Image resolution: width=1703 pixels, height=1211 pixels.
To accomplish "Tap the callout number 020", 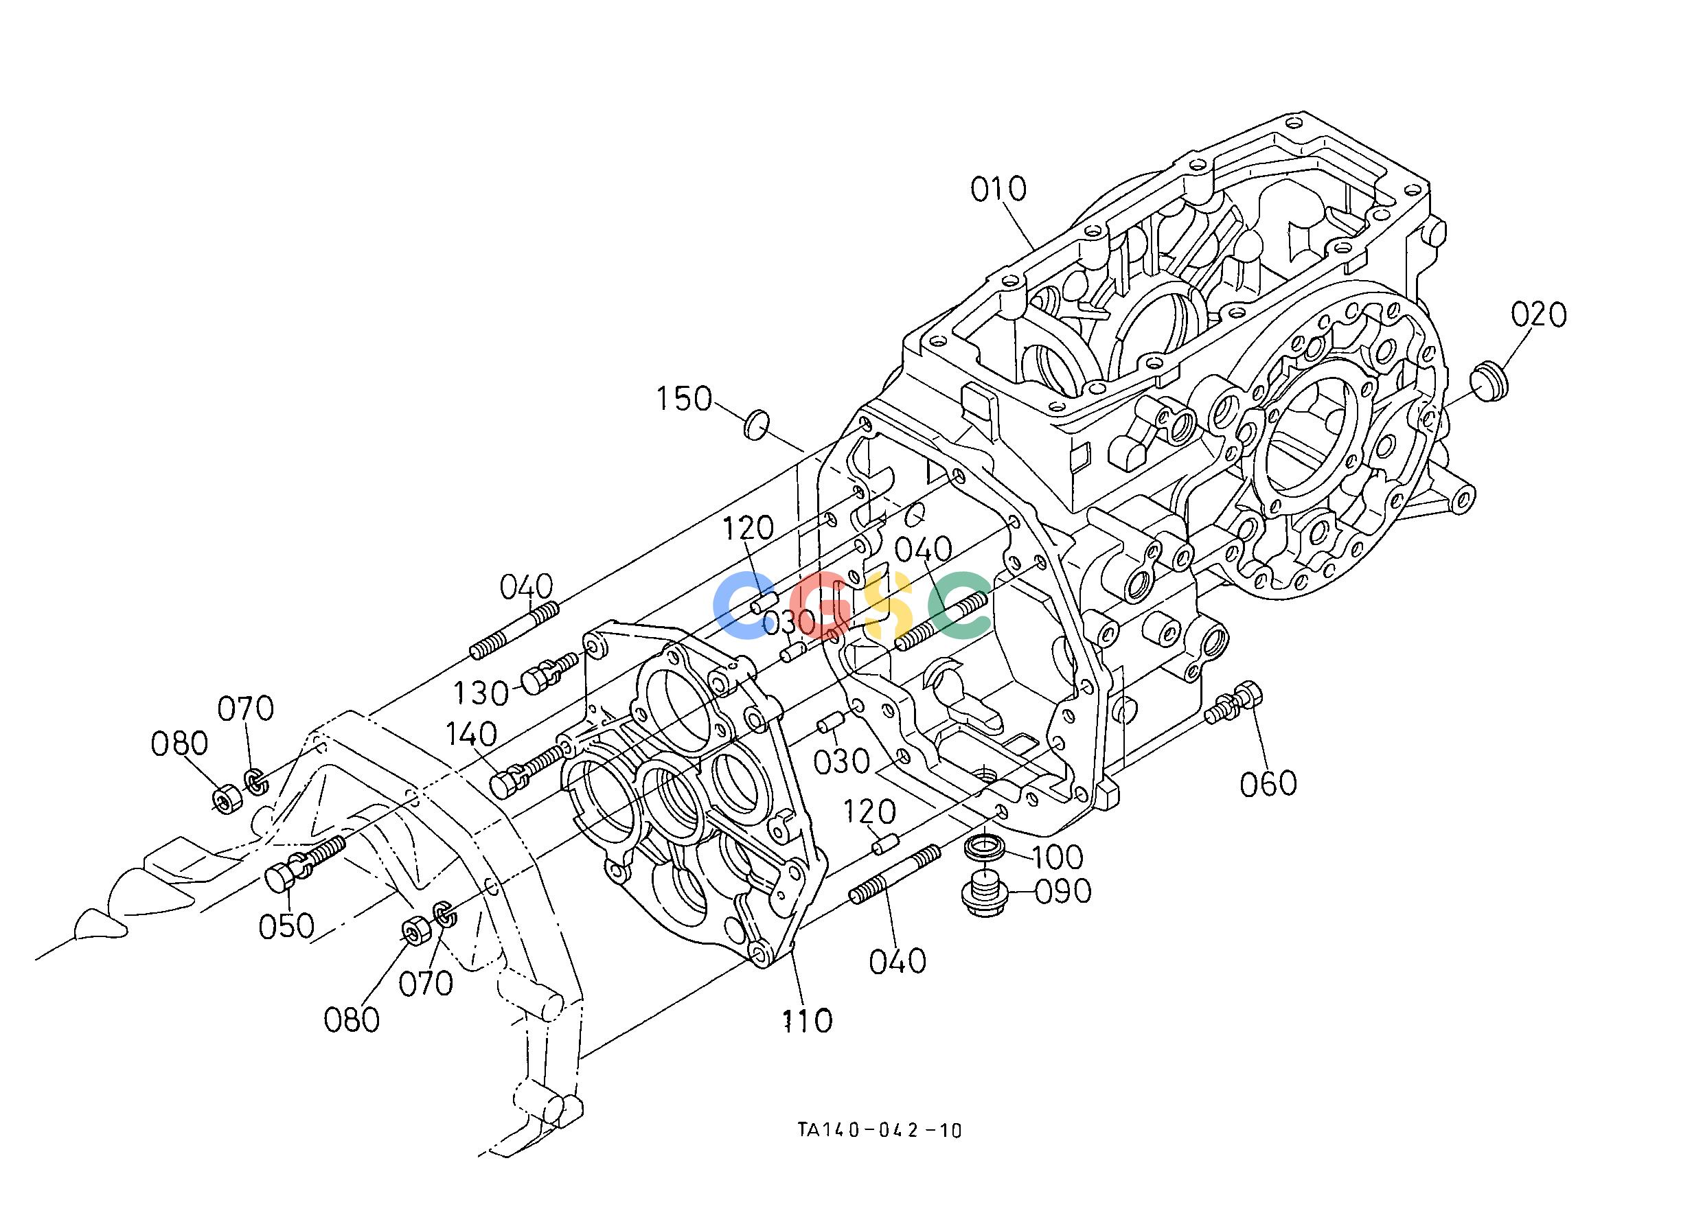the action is [x=1539, y=314].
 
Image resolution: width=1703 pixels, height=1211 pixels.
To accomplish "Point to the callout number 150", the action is [x=684, y=399].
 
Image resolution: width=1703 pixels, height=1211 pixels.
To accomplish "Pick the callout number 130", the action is [x=483, y=693].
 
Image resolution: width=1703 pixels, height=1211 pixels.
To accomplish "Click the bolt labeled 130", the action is [x=550, y=670].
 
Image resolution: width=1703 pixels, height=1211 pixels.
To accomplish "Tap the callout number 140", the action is [x=472, y=735].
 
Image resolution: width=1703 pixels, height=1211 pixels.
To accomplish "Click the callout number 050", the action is [x=286, y=927].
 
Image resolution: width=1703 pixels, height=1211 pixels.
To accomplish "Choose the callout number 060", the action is [x=1268, y=784].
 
